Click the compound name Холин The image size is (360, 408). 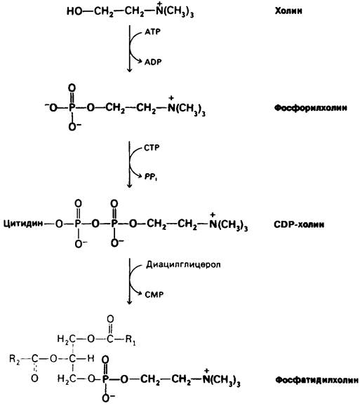[x=288, y=11]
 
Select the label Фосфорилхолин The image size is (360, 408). [x=310, y=108]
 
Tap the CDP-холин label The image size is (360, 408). [x=299, y=224]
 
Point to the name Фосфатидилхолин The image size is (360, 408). [x=316, y=380]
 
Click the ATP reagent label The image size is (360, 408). [x=153, y=32]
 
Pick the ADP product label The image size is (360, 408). [x=153, y=62]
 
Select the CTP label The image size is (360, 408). [x=152, y=148]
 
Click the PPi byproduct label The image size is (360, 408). [x=151, y=177]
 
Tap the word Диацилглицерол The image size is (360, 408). [x=183, y=264]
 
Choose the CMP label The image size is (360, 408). [x=154, y=294]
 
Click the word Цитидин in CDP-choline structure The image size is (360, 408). [x=23, y=224]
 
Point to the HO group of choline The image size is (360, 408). [x=74, y=11]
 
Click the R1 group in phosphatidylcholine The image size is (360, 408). [x=131, y=339]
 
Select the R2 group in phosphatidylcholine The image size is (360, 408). [x=14, y=359]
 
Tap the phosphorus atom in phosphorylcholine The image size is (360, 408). [x=72, y=107]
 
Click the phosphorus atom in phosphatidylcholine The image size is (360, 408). [x=105, y=379]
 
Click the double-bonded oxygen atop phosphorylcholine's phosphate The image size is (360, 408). [x=72, y=88]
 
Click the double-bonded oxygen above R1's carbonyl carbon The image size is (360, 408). [x=110, y=319]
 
